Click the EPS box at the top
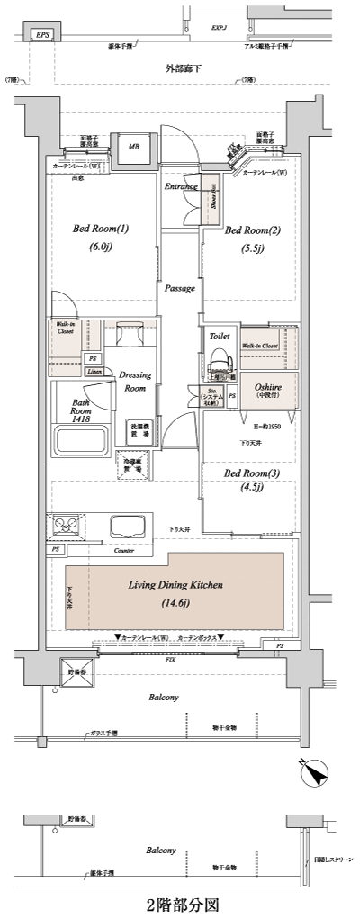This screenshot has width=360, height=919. [41, 35]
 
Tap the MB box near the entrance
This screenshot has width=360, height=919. [134, 147]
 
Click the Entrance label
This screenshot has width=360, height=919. [180, 186]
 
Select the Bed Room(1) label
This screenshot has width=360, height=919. [101, 229]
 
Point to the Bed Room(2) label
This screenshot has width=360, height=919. [253, 230]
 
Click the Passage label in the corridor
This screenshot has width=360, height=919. [179, 288]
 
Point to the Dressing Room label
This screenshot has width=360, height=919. [135, 381]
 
